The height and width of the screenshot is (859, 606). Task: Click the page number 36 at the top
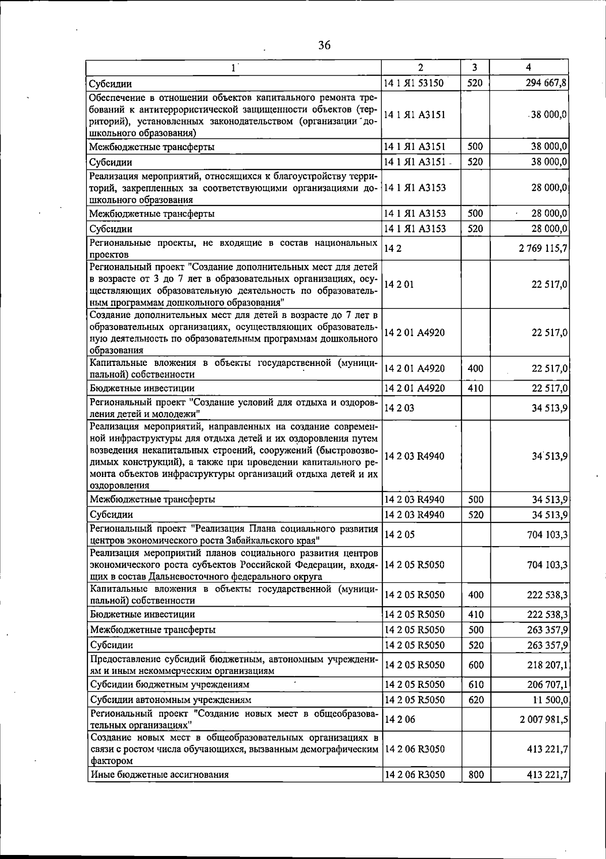coord(324,45)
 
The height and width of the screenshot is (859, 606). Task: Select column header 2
coord(421,67)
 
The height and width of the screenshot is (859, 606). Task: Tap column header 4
coord(528,67)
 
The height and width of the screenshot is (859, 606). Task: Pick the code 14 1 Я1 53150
coord(414,83)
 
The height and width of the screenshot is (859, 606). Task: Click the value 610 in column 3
coord(476,685)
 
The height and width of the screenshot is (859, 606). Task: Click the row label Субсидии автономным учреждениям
coord(171,700)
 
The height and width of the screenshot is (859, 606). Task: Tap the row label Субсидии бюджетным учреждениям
coord(170,685)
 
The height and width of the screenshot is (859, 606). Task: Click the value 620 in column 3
coord(476,700)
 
